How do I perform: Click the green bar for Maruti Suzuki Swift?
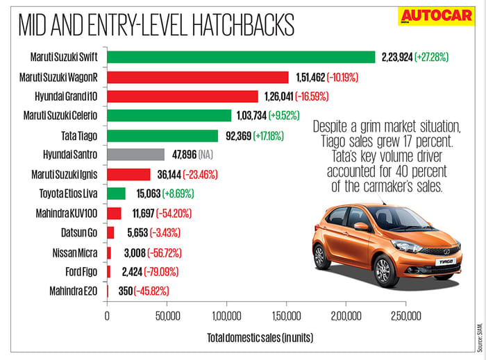point(241,57)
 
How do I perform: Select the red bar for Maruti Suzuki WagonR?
point(198,76)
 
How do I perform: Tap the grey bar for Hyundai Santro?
point(136,155)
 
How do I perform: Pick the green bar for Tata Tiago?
point(162,135)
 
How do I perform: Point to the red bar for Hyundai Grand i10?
point(183,96)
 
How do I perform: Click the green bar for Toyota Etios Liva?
point(116,194)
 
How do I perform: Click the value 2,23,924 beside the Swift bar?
point(396,57)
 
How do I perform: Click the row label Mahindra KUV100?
point(71,213)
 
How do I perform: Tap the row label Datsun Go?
point(85,233)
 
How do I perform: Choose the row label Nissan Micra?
point(78,252)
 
